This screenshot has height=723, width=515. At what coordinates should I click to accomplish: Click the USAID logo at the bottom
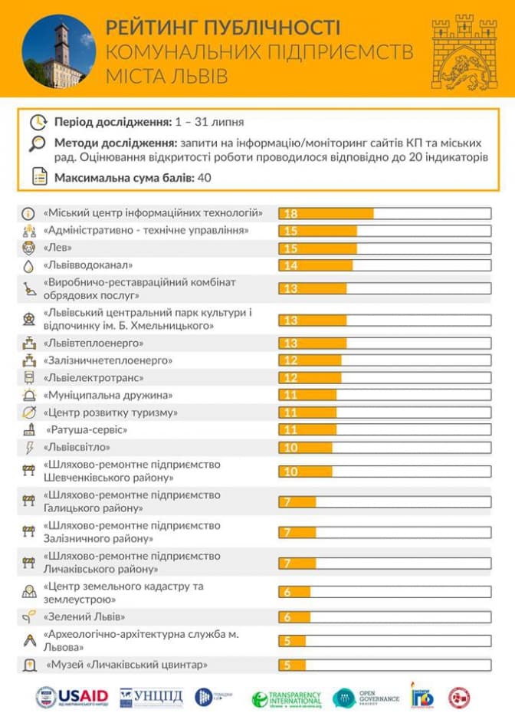(73, 698)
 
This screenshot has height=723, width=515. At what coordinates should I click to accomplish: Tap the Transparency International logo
(287, 698)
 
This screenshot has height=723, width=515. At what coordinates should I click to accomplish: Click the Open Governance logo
(366, 698)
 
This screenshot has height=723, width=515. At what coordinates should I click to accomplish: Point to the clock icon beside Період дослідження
(38, 122)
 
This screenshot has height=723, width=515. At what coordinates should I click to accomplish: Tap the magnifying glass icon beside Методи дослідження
(38, 143)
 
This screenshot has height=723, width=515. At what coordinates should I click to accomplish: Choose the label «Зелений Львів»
(84, 616)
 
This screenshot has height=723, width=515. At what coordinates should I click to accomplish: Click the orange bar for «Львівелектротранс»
(310, 378)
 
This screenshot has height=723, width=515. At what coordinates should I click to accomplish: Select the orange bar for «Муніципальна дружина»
(307, 395)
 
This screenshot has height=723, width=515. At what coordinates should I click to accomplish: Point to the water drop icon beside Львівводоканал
(28, 265)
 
